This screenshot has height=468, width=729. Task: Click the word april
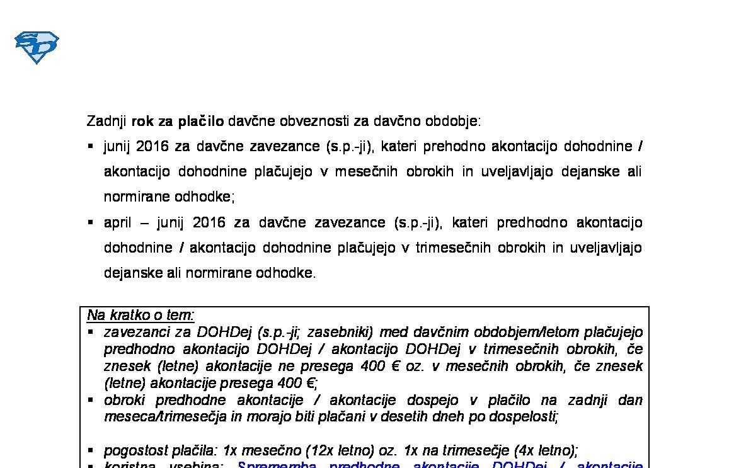tap(117, 223)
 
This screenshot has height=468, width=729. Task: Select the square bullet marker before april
tap(91, 222)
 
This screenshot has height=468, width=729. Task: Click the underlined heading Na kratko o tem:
tap(141, 316)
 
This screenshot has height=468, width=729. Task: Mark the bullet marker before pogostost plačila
tap(91, 450)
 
